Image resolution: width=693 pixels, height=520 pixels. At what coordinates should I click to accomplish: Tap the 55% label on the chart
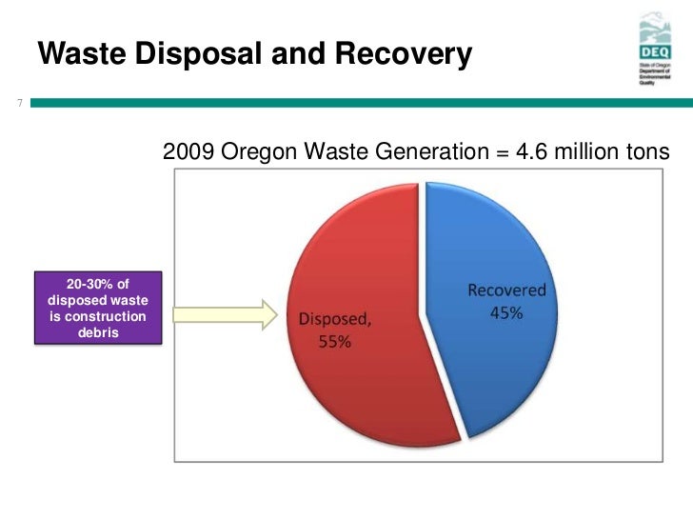coord(334,342)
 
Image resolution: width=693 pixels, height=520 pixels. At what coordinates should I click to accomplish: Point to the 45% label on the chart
coord(506,312)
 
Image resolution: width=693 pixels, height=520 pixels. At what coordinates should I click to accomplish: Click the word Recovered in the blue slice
coord(506,290)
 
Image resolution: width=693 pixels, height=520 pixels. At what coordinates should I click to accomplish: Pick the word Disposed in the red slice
coord(333,320)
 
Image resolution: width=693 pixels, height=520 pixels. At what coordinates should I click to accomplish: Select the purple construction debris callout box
coord(97,308)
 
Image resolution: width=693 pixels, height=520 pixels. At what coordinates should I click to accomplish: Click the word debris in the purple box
coord(97,332)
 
